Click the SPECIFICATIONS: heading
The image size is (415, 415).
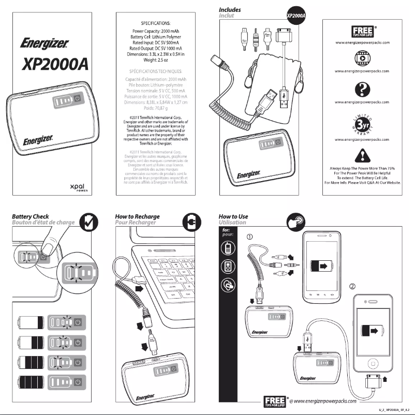[x=156, y=24]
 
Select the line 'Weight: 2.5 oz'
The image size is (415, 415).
[x=156, y=61]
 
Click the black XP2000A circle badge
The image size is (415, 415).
[x=295, y=17]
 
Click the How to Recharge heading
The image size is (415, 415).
[x=137, y=216]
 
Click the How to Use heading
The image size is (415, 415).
[x=233, y=216]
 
